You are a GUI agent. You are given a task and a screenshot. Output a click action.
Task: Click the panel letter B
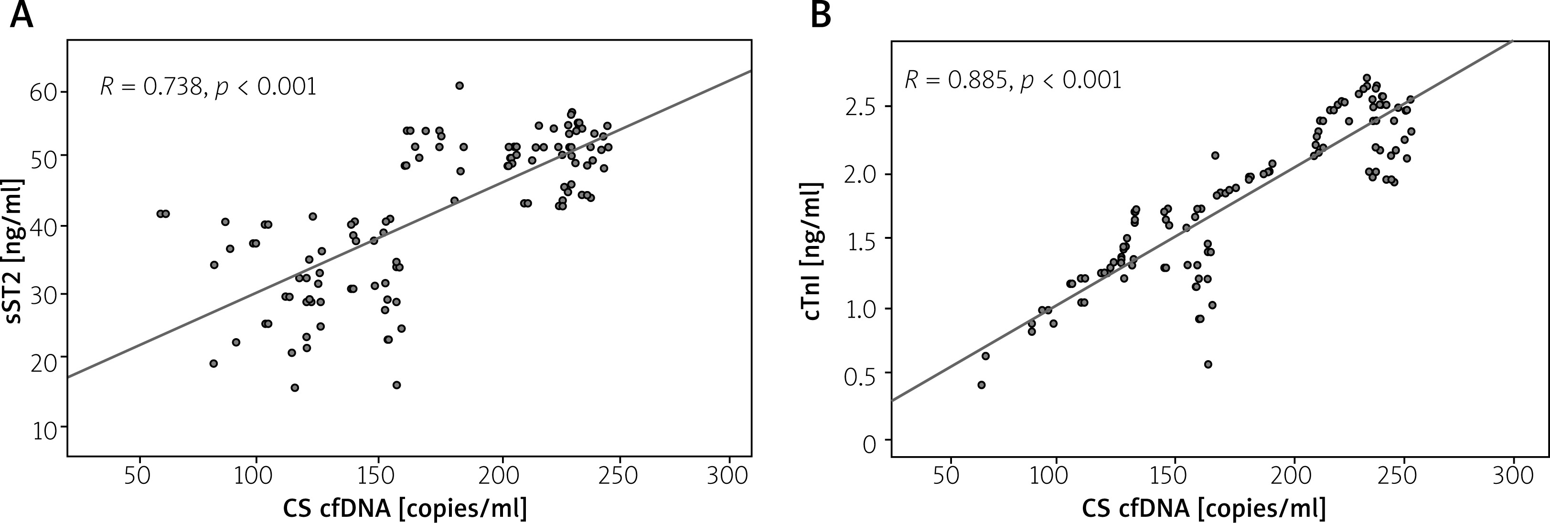(x=821, y=16)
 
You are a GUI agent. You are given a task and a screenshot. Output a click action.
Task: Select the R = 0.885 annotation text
(x=1013, y=80)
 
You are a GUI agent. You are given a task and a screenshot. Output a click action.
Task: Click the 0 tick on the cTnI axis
(x=869, y=445)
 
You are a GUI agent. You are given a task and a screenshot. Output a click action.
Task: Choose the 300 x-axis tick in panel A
(x=729, y=475)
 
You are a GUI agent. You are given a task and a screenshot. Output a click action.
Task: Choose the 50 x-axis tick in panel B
(x=950, y=475)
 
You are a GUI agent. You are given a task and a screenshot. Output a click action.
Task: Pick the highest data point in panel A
(x=460, y=85)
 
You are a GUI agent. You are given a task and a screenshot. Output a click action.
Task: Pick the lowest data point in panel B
(x=982, y=384)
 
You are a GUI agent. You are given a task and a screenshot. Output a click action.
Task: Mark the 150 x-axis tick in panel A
(x=378, y=475)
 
